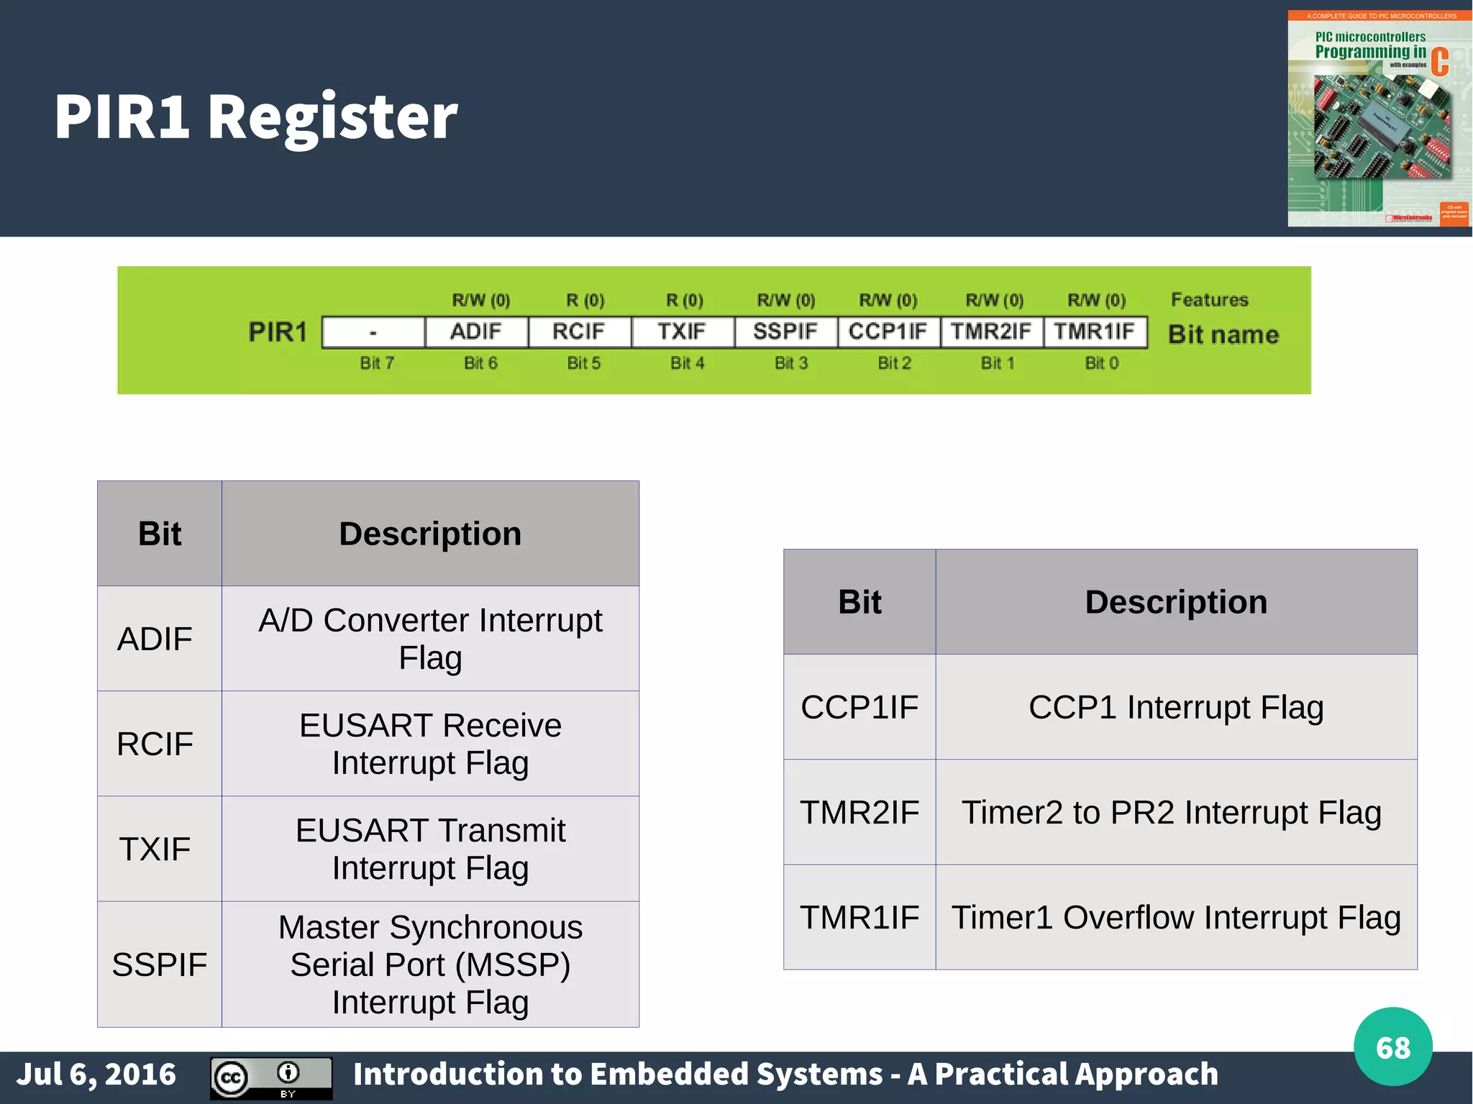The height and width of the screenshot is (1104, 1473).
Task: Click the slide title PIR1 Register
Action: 255,117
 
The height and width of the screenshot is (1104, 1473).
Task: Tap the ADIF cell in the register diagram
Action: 476,332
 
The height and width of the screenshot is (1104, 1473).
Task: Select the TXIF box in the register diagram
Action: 682,332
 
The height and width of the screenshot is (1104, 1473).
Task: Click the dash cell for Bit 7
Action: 373,332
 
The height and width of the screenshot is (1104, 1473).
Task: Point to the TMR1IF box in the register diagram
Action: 1094,332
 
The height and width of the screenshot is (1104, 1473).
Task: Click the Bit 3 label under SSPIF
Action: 791,363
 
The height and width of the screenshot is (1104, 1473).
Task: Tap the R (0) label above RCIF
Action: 585,300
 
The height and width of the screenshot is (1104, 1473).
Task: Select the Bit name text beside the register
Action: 1223,334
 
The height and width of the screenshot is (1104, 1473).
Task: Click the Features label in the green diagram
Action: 1210,299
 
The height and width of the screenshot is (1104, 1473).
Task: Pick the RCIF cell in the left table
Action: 155,744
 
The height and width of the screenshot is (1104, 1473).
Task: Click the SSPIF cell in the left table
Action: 159,964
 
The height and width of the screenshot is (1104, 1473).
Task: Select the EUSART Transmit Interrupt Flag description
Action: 430,849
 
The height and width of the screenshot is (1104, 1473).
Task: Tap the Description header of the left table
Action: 430,534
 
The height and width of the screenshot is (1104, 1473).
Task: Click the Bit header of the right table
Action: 859,602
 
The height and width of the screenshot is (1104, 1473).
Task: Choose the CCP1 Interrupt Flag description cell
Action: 1176,707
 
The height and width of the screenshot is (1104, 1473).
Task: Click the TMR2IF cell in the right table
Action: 859,812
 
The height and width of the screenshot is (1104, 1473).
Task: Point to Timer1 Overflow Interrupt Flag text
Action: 1176,917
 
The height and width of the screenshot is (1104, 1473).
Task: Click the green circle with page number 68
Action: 1392,1046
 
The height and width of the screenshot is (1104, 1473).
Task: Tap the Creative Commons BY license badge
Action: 271,1077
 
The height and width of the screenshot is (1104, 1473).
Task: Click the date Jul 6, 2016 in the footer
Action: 96,1074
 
